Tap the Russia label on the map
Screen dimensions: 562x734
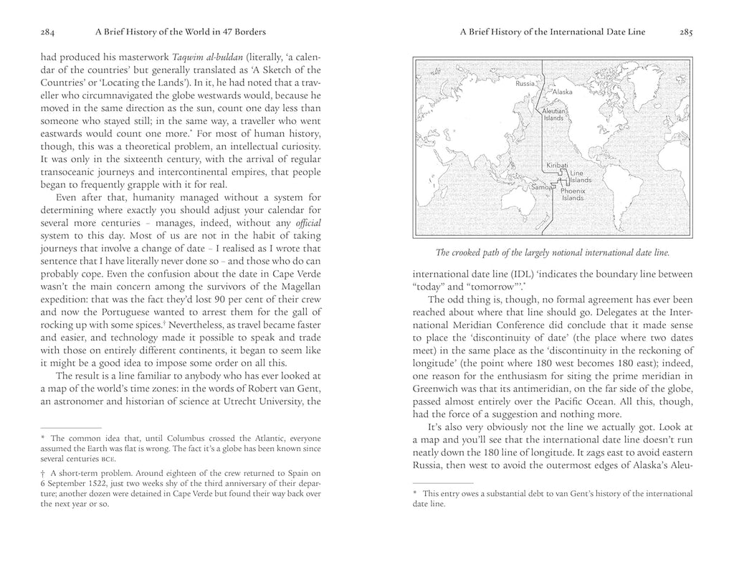coord(526,85)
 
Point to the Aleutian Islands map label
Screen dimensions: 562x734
coord(554,115)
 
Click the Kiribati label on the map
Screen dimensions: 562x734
coord(557,165)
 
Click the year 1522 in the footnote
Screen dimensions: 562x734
coord(103,484)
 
